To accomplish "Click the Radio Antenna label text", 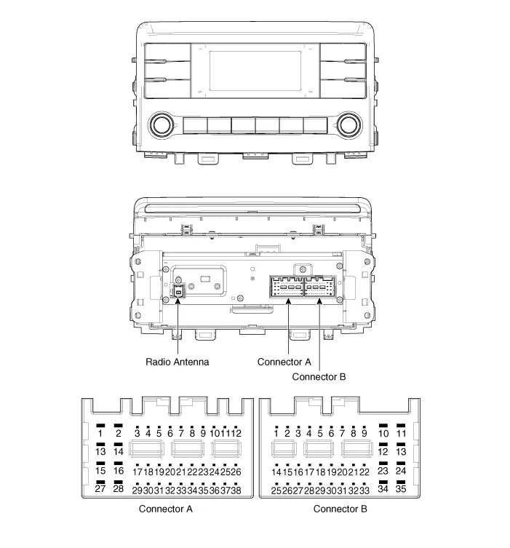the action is click(x=177, y=362).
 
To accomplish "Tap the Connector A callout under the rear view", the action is click(x=284, y=362).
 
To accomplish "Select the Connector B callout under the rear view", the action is click(x=319, y=377).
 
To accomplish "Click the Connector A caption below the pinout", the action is click(x=166, y=509).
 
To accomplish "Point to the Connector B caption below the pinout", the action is click(x=340, y=509).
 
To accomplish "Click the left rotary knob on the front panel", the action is click(x=162, y=125).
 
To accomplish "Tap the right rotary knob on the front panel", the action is click(x=349, y=125).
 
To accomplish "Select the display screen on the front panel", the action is click(x=255, y=71).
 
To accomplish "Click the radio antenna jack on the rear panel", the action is click(x=178, y=291).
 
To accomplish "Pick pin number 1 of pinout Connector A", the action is click(x=100, y=433).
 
